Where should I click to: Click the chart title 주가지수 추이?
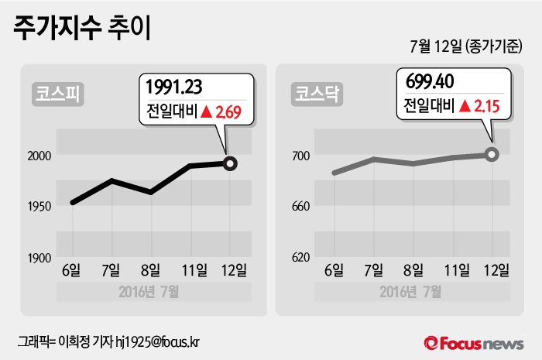pyautogui.click(x=82, y=27)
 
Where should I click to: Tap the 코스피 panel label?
pyautogui.click(x=58, y=94)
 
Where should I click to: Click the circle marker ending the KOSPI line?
pyautogui.click(x=230, y=163)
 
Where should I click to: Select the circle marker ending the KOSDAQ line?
pyautogui.click(x=492, y=154)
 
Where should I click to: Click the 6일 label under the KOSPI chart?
pyautogui.click(x=71, y=270)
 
